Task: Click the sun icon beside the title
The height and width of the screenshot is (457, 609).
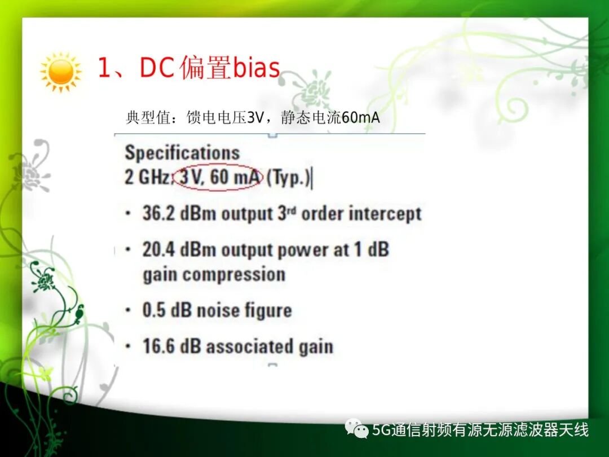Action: (61, 72)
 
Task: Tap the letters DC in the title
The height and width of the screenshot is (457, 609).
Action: (156, 68)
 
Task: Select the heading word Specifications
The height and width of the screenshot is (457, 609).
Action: (182, 153)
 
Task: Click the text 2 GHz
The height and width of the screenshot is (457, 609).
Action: (147, 177)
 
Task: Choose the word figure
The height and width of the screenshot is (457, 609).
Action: (268, 311)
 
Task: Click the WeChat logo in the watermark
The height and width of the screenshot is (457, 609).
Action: (356, 428)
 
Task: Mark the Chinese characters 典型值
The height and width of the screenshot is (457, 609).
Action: (148, 117)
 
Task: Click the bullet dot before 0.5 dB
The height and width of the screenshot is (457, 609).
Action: (128, 310)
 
